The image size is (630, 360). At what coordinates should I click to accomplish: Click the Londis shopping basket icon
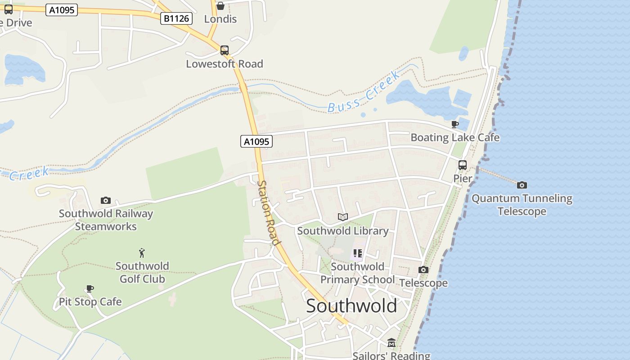click(220, 6)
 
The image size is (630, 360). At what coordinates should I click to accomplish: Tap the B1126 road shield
click(177, 18)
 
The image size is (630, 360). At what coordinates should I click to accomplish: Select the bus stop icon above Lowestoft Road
click(225, 50)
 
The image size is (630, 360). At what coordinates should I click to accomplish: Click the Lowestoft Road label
click(225, 64)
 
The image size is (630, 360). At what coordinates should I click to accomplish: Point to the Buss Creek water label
click(364, 92)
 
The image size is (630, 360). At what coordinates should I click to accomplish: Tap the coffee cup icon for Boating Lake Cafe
click(455, 124)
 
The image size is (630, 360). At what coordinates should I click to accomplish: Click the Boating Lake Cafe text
click(455, 137)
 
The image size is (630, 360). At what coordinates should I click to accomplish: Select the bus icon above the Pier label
click(463, 165)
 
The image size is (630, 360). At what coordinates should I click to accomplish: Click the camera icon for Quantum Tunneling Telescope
click(522, 185)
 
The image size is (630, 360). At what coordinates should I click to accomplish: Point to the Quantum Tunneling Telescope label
click(522, 205)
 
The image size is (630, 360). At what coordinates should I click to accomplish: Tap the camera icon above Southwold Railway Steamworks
click(106, 200)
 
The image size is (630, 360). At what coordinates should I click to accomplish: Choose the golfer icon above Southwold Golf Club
click(142, 253)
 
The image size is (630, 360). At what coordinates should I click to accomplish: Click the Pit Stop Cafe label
click(90, 301)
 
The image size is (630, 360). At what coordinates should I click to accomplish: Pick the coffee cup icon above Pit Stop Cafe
click(90, 288)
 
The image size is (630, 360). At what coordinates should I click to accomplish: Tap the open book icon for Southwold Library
click(343, 217)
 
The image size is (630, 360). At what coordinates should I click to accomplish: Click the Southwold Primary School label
click(357, 273)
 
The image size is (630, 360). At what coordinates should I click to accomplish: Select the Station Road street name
click(269, 212)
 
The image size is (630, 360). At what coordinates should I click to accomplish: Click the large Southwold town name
click(351, 306)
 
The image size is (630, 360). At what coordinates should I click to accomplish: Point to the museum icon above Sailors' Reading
click(391, 343)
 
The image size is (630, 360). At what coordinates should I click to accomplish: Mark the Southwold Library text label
click(343, 231)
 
